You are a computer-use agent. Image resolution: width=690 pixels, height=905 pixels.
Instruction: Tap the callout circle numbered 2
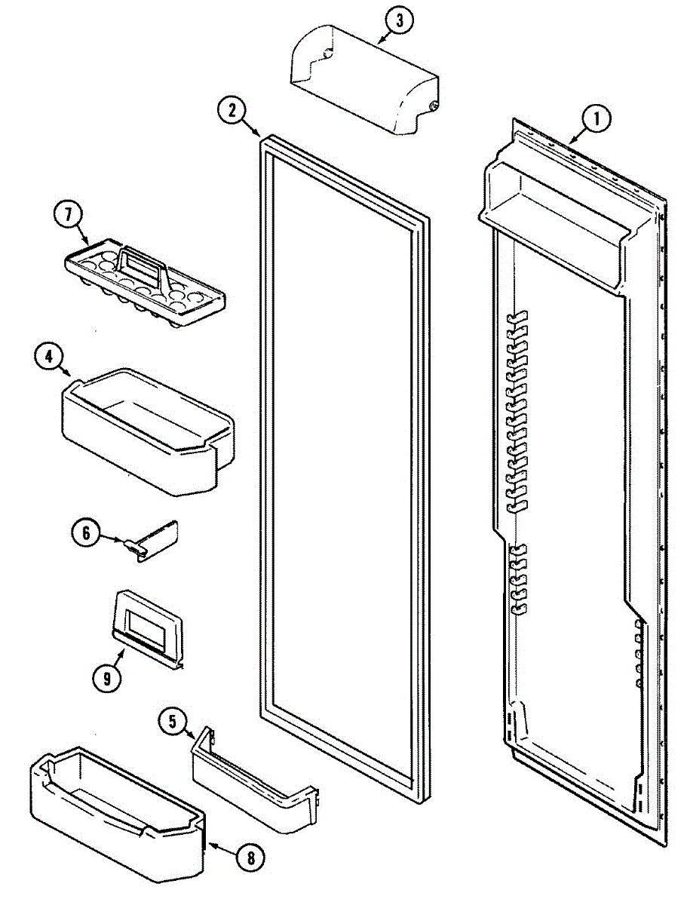click(x=232, y=111)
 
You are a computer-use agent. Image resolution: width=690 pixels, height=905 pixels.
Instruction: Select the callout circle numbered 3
click(x=399, y=21)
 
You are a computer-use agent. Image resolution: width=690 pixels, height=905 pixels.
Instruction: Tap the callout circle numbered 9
click(x=107, y=678)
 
